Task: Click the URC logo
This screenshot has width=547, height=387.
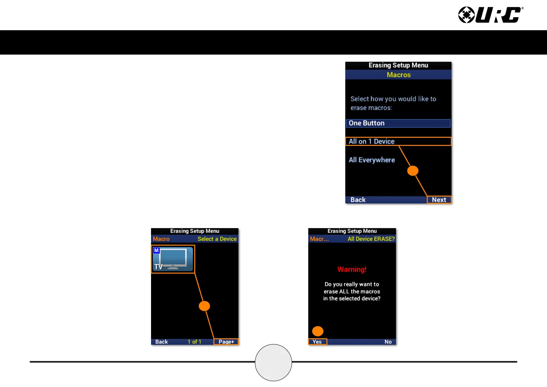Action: click(x=490, y=15)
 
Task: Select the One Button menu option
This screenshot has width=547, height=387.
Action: click(x=398, y=123)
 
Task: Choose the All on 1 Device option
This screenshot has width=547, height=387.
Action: click(x=398, y=141)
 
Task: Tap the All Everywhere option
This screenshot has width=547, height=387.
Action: click(x=372, y=160)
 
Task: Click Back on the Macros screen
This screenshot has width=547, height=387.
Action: click(x=358, y=200)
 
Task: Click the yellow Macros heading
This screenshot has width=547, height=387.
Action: click(x=399, y=75)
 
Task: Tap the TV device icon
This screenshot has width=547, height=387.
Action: click(x=173, y=259)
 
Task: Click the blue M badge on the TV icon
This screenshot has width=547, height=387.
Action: click(x=157, y=251)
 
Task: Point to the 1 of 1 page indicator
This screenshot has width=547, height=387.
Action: click(x=194, y=342)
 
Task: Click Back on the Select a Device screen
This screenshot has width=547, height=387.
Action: click(x=161, y=342)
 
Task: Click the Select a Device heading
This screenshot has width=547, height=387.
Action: click(x=217, y=239)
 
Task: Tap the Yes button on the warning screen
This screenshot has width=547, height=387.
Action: click(x=317, y=342)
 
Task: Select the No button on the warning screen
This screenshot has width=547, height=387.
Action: click(x=388, y=342)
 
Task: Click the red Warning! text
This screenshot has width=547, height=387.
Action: click(x=352, y=269)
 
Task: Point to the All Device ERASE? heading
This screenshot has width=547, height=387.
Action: click(x=371, y=239)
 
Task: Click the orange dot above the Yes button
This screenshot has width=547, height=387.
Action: click(x=318, y=331)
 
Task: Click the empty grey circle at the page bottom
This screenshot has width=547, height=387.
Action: click(x=273, y=363)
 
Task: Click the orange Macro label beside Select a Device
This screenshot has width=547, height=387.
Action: click(x=161, y=239)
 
